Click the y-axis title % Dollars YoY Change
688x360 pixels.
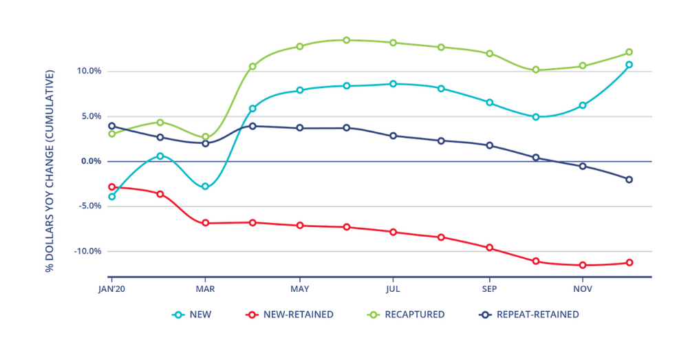50,170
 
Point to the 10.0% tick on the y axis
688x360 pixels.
89,71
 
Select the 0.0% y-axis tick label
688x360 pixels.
90,161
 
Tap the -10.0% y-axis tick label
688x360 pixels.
87,251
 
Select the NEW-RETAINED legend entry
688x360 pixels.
290,315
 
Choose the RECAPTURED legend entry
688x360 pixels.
405,315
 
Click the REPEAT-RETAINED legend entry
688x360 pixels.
528,315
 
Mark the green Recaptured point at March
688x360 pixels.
205,137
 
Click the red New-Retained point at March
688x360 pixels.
205,223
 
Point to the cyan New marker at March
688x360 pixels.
205,187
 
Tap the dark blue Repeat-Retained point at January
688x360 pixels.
111,126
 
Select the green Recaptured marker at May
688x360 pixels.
300,47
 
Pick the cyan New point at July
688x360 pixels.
393,84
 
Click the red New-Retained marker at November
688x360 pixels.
583,265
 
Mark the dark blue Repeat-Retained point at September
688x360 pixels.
489,145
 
